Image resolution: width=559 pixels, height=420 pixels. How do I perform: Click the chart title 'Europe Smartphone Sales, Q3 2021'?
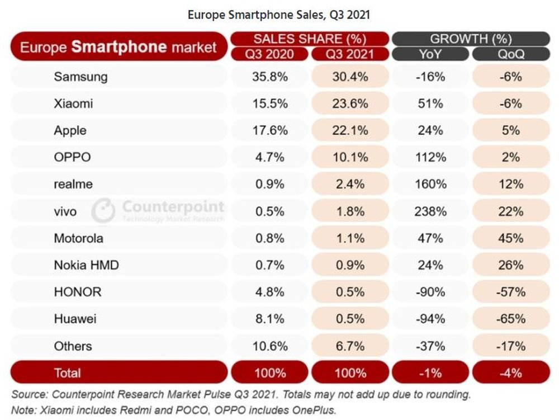279,15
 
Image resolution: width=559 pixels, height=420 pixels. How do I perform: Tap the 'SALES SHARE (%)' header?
310,39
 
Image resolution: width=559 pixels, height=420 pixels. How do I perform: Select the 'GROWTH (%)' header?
471,39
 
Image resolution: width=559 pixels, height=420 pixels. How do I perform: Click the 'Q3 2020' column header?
269,54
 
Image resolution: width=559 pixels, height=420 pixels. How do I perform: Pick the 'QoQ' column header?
511,54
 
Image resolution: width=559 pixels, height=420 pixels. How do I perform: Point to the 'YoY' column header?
430,54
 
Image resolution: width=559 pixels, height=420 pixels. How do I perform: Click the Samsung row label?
80,77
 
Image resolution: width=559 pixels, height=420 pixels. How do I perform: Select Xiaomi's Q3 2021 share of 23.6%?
350,103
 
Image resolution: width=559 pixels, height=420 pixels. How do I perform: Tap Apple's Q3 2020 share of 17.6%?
270,130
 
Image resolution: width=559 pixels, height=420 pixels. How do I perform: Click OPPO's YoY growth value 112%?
430,157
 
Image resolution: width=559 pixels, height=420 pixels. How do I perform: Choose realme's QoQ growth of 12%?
511,184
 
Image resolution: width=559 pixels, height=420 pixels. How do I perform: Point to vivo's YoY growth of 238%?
430,211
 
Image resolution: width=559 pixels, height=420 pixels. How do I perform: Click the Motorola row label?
78,238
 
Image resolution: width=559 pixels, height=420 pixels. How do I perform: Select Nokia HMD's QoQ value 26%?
511,265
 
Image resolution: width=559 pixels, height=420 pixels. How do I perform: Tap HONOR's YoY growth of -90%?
430,292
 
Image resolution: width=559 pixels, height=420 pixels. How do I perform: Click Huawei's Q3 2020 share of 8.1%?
270,319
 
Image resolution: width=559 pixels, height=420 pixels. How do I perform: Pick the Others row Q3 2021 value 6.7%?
350,346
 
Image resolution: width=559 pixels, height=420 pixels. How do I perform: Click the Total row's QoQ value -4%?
511,373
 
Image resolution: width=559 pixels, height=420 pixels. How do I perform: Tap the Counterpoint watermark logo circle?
103,210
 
